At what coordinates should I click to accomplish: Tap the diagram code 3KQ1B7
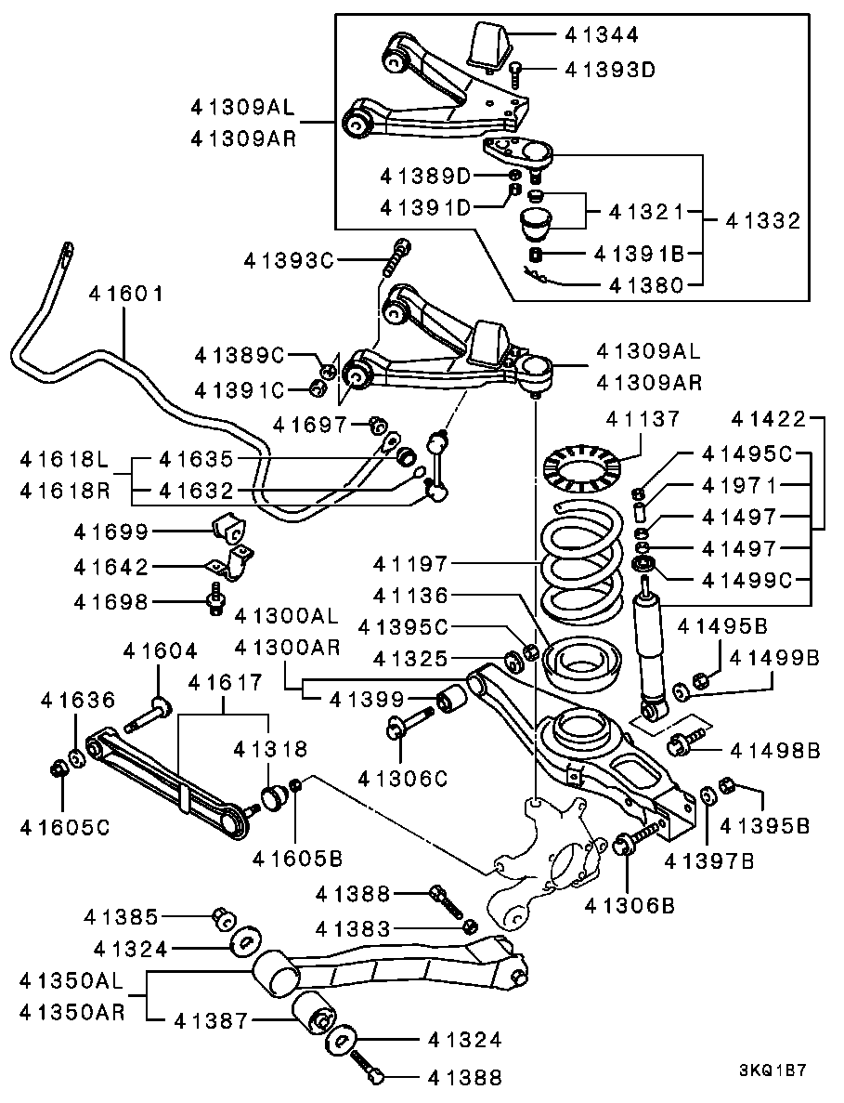(772, 1070)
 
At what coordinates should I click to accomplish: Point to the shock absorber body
(647, 651)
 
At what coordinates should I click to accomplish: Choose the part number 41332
(762, 221)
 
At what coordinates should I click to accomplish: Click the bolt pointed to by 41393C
(399, 254)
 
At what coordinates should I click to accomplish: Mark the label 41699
(112, 532)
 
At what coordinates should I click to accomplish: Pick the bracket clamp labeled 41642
(228, 564)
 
